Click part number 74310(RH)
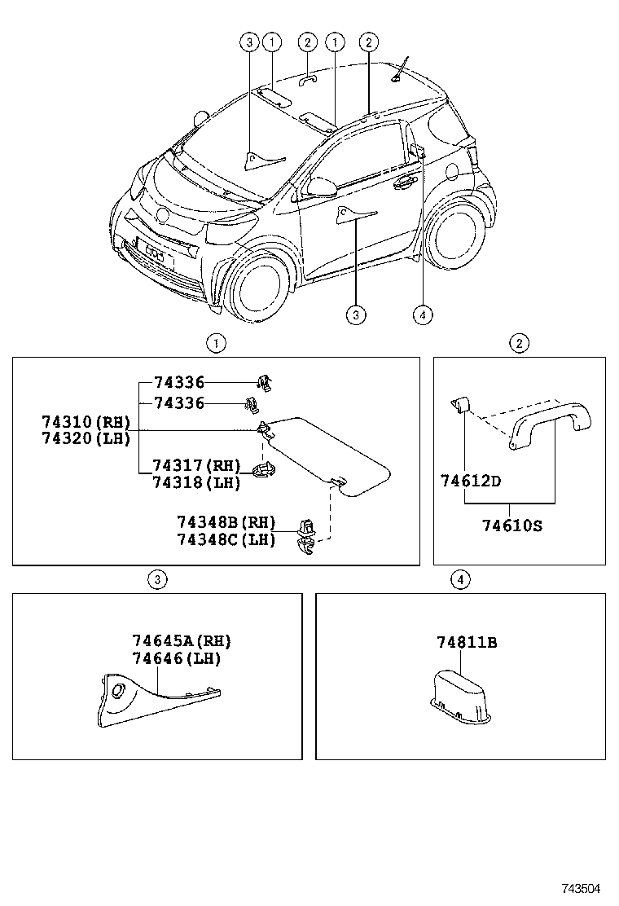(x=86, y=422)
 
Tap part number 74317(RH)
(x=196, y=466)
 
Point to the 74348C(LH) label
(x=226, y=539)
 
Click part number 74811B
(x=466, y=643)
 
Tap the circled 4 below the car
(x=421, y=314)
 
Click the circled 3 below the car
(x=355, y=314)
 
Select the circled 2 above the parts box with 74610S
(x=519, y=343)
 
